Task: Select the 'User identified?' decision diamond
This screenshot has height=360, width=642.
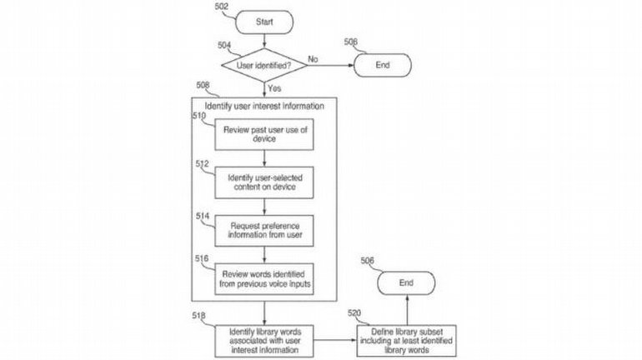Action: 263,62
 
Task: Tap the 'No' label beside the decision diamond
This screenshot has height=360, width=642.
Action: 313,58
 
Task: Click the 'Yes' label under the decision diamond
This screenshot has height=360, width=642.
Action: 273,86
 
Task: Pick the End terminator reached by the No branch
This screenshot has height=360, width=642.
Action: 382,63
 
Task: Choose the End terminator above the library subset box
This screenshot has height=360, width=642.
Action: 407,282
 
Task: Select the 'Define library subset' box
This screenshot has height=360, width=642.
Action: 407,339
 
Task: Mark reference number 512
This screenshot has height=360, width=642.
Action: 203,164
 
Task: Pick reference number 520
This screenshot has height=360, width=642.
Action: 355,312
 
